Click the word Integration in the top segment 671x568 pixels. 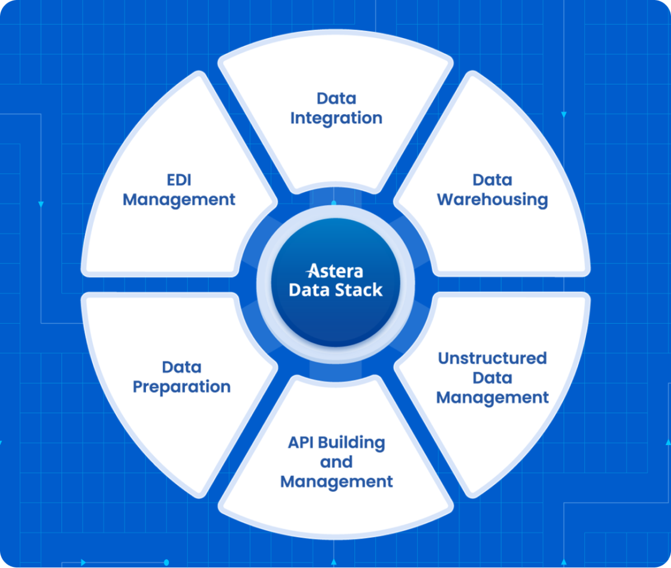point(336,119)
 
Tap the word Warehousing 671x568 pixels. point(492,200)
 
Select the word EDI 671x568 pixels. point(179,179)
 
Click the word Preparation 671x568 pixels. point(182,387)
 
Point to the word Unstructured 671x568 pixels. point(492,358)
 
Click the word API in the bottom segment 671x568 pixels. point(301,442)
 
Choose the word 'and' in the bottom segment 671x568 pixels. point(336,462)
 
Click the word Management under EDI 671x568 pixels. point(179,200)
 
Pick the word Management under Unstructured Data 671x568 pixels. point(492,397)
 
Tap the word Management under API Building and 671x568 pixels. point(337,481)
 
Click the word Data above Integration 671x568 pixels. point(336,98)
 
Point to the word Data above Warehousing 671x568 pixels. point(492,179)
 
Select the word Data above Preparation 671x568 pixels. point(182,367)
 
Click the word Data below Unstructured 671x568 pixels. point(492,378)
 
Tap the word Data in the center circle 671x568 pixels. point(309,290)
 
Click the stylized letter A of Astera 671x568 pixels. point(314,271)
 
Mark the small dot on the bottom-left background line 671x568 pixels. point(166,562)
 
